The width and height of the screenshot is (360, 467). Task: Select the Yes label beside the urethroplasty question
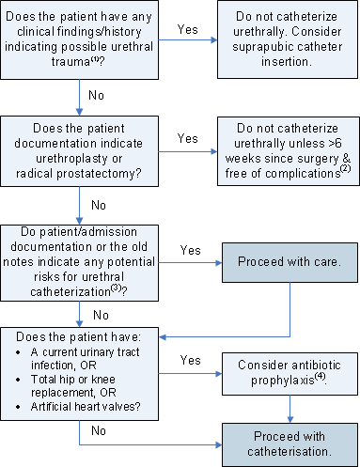point(188,137)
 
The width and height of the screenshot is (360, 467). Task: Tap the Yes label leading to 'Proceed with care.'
point(190,250)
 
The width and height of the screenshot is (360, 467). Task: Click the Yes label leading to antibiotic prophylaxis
point(189,359)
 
